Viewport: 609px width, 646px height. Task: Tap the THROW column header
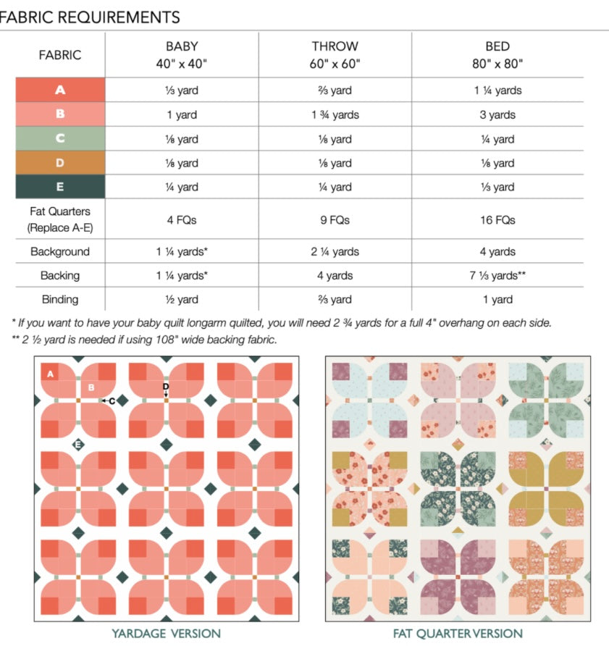coord(335,55)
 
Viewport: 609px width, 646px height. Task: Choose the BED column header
coord(496,55)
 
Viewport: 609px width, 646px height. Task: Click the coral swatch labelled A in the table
coord(60,91)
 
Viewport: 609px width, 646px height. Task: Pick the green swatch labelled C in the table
coord(60,139)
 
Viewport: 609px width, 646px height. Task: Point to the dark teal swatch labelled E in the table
coord(60,187)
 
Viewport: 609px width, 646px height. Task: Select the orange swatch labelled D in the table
coord(60,163)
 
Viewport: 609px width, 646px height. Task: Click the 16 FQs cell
coord(496,219)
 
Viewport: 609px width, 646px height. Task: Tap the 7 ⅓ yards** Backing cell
coord(496,276)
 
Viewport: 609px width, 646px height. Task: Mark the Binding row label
coord(60,300)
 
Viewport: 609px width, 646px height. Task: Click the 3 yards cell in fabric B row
coord(496,114)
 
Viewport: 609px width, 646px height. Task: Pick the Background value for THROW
coord(335,252)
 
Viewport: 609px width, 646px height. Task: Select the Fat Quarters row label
coord(60,219)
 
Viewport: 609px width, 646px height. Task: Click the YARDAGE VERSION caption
coord(166,634)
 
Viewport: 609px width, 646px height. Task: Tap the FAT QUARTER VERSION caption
coord(458,634)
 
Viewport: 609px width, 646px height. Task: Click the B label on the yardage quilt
coord(92,387)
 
